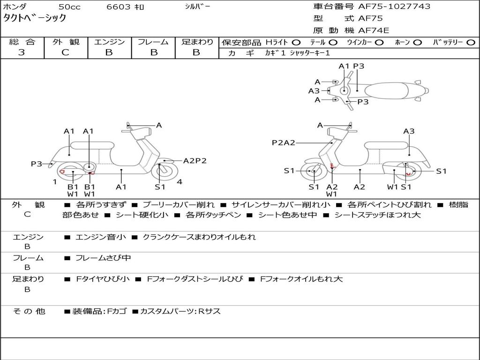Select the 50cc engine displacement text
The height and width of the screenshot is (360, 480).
pyautogui.click(x=69, y=7)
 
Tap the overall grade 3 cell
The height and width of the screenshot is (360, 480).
pyautogui.click(x=22, y=52)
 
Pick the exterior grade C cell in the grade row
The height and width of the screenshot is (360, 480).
pyautogui.click(x=65, y=52)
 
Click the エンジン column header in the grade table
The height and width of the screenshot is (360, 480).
pyautogui.click(x=109, y=42)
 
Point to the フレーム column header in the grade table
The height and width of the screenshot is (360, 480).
pyautogui.click(x=153, y=42)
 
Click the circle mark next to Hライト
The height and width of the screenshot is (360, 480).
pyautogui.click(x=296, y=43)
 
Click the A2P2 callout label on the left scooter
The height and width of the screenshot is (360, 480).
pyautogui.click(x=195, y=161)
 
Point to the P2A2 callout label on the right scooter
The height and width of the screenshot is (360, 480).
pyautogui.click(x=284, y=142)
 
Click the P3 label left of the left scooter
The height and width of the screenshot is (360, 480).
pyautogui.click(x=37, y=164)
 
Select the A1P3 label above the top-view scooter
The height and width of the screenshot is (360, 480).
pyautogui.click(x=352, y=66)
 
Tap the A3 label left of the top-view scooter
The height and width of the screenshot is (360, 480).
pyautogui.click(x=314, y=91)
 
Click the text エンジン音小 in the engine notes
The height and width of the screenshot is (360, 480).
pyautogui.click(x=100, y=237)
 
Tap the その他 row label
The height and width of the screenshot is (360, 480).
pyautogui.click(x=29, y=311)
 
